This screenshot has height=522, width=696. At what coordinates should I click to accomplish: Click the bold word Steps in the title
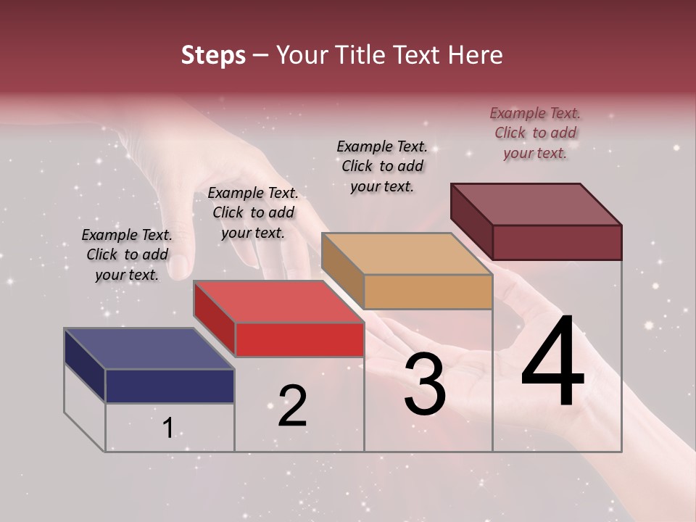[x=213, y=55]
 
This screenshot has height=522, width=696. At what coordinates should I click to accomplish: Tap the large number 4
[x=552, y=362]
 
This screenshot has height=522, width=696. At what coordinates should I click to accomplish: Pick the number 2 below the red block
[x=292, y=406]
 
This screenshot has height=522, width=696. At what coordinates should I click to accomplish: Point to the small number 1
[x=168, y=428]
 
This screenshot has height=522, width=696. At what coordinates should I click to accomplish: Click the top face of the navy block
[x=149, y=348]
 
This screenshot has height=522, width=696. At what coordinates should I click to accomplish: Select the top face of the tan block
[x=406, y=254]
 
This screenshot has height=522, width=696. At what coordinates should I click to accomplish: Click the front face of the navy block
[x=170, y=386]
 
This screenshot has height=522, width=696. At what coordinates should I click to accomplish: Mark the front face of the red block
[x=299, y=339]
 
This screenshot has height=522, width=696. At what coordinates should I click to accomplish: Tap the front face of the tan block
[x=428, y=292]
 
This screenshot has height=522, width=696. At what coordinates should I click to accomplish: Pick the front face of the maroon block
[x=557, y=242]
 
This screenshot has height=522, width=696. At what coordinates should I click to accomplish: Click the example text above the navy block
[x=127, y=254]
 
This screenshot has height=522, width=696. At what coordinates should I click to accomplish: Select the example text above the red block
[x=253, y=212]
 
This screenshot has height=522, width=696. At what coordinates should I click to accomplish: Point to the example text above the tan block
[x=382, y=166]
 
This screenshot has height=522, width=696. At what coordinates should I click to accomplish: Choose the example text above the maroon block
[x=535, y=133]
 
